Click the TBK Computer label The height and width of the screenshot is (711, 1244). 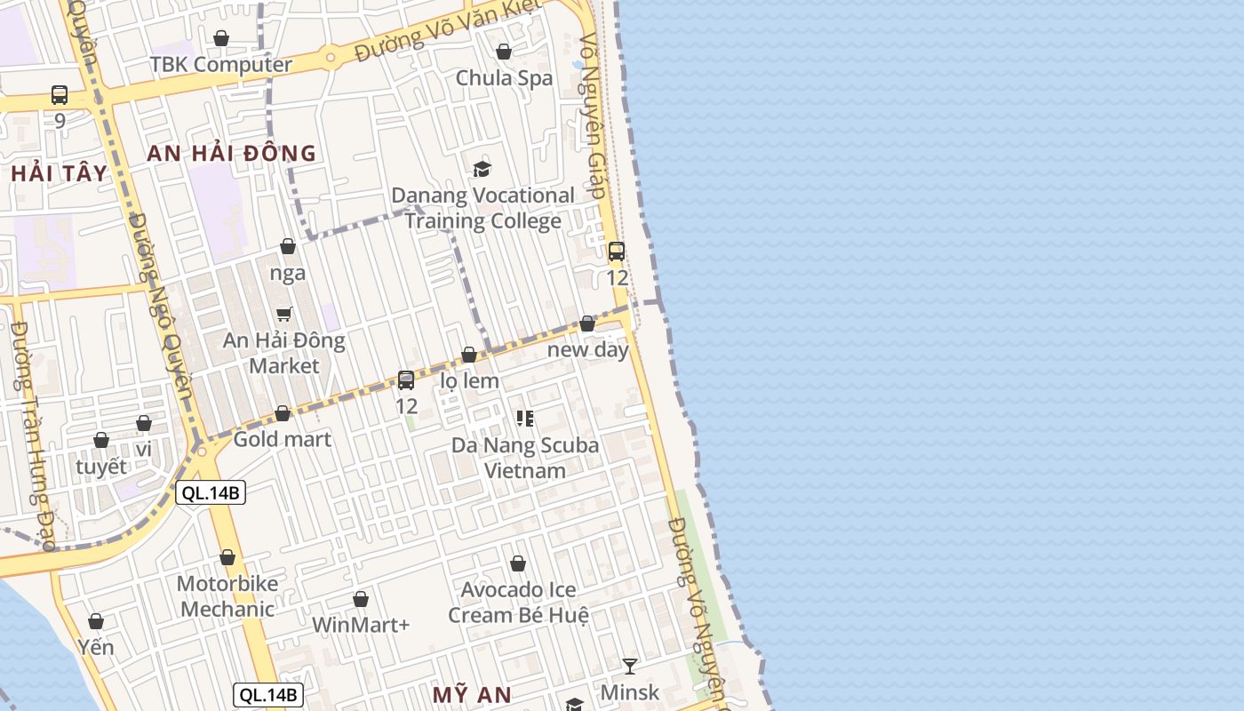coord(220,65)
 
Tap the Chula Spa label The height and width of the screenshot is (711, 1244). coord(504,78)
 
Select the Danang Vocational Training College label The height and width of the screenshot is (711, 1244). coord(482,208)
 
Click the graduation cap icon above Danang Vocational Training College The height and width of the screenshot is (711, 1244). coord(482,169)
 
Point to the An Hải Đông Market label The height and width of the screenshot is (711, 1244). coord(283,353)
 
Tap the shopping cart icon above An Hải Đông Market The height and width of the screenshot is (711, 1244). coord(284,314)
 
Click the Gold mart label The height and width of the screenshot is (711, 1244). coord(282,439)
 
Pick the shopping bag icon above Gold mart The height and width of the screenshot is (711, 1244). coord(283,413)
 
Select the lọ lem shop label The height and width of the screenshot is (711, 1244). coord(469,380)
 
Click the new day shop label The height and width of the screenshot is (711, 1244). coord(587,349)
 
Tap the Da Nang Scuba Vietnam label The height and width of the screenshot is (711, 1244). coord(525,458)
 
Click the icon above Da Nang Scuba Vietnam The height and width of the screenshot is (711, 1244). coord(525,418)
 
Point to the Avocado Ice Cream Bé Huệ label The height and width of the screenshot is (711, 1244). coord(518,603)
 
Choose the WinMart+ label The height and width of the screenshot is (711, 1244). coord(361,625)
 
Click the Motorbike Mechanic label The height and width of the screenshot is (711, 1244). coord(227,596)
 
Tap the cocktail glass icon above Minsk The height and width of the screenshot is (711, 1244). coord(630,666)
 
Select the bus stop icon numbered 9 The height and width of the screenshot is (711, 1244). coord(60,95)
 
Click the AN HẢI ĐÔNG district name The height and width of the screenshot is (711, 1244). coord(231,153)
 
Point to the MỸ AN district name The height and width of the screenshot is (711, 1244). coord(472,695)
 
